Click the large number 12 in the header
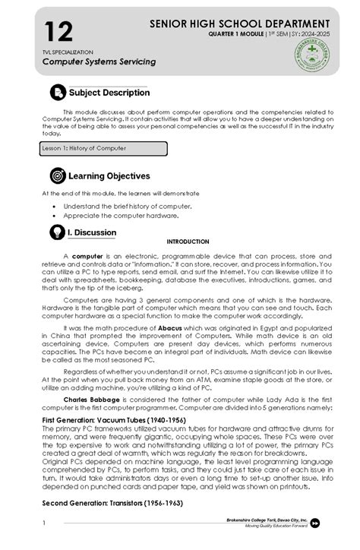tap(58, 32)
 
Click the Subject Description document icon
tap(58, 93)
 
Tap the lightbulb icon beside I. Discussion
tap(57, 232)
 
